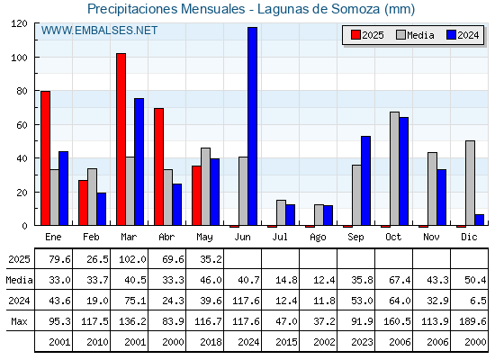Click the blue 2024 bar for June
252,126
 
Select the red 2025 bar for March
121,139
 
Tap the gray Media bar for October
394,168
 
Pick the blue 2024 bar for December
479,220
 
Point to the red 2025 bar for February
83,202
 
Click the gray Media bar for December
470,183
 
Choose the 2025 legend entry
367,35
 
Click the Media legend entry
415,35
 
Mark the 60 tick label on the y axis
22,125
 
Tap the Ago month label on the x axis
318,238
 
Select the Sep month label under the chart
355,238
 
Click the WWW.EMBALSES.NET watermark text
99,31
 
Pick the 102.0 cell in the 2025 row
132,259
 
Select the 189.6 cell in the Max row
472,321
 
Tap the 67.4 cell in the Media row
400,280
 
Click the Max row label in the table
19,321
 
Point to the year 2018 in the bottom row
211,342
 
